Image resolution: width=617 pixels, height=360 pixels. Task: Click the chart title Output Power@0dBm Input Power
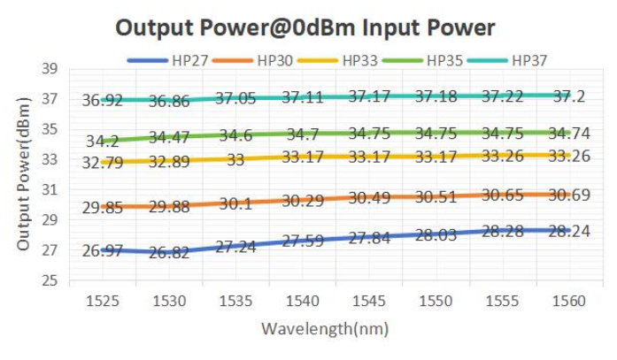[306, 27]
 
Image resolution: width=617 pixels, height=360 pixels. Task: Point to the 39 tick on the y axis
[49, 69]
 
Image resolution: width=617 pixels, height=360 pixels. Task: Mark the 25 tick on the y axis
[49, 281]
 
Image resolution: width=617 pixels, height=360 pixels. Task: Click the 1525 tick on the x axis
[104, 302]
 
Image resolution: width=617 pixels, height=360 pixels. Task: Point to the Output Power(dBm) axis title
[24, 173]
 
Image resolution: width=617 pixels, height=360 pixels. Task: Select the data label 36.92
[103, 101]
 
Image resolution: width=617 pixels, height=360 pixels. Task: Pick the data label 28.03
[435, 235]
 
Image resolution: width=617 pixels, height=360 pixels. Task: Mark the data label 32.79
[103, 163]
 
